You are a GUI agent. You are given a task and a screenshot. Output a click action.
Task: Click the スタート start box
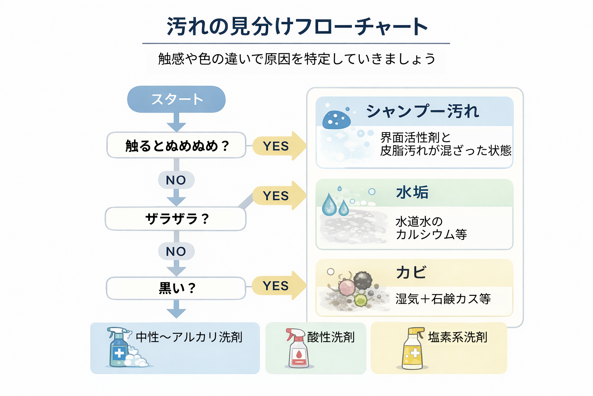[x=176, y=99]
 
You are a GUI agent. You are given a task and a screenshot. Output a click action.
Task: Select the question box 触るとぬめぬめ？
[x=176, y=145]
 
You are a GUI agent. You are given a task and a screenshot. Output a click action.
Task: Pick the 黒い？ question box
[x=176, y=288]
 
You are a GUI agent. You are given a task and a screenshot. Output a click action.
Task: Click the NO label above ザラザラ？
[x=176, y=180]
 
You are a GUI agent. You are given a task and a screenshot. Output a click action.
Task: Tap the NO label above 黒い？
[x=176, y=252]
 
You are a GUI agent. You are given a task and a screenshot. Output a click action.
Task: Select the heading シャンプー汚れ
[x=422, y=111]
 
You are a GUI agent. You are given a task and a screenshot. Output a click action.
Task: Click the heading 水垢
[x=412, y=192]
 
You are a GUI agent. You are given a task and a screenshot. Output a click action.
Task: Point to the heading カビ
[x=411, y=273]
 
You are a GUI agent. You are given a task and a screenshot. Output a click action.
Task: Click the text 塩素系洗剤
[x=457, y=337]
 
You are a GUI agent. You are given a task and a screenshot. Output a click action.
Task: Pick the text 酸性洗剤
[x=331, y=337]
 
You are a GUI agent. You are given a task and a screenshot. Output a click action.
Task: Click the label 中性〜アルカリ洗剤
[x=189, y=337]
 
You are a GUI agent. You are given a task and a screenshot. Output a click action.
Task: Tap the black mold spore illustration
[x=363, y=280]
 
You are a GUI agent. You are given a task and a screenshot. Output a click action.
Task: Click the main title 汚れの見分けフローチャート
[x=296, y=27]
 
